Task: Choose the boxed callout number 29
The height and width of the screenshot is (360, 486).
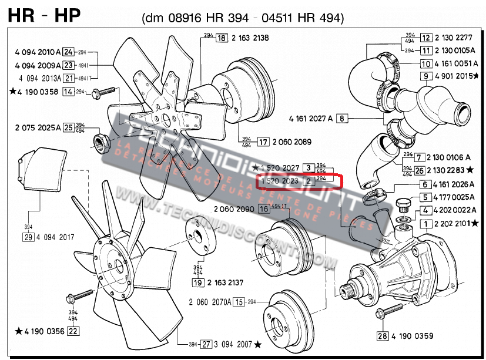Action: pyautogui.click(x=27, y=237)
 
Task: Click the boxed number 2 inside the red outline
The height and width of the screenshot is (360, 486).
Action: pyautogui.click(x=309, y=181)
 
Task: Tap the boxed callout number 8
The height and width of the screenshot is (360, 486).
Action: pyautogui.click(x=343, y=118)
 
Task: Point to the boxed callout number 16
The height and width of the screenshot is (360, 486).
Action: pyautogui.click(x=264, y=209)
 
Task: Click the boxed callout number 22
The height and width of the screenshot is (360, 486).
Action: pyautogui.click(x=73, y=331)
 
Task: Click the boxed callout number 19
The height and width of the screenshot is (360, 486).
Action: pyautogui.click(x=197, y=282)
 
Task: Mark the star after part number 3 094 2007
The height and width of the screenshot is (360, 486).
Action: pyautogui.click(x=258, y=344)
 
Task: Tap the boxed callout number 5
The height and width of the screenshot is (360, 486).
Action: pyautogui.click(x=425, y=197)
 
